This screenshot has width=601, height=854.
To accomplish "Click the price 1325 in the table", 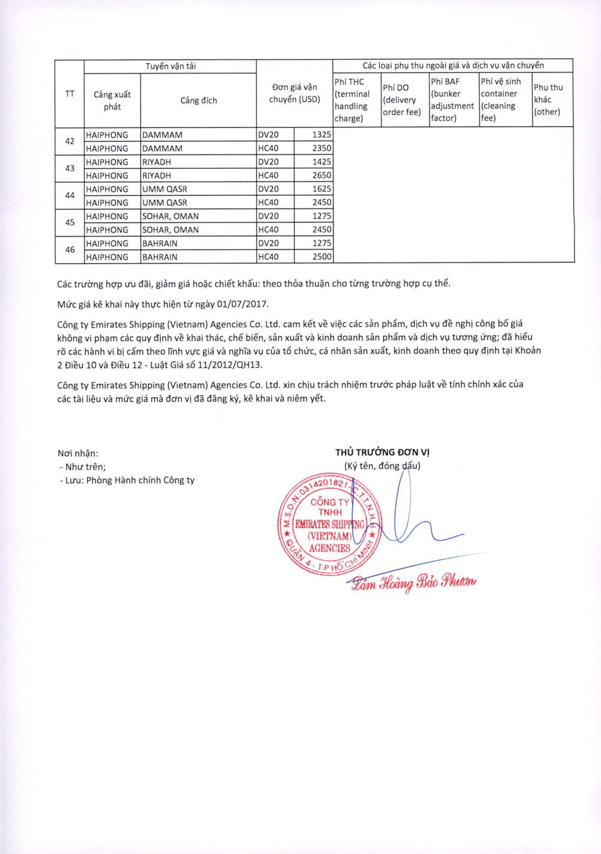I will coord(322,135).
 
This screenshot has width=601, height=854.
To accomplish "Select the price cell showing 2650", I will coord(322,175).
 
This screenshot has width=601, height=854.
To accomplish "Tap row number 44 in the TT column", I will coord(70,195).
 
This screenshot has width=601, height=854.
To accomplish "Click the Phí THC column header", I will coord(353,100).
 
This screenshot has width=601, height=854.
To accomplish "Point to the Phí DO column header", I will coord(402,100).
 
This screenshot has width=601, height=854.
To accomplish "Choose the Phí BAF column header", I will coord(452,100).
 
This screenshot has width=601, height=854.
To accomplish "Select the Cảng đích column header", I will coord(198,100).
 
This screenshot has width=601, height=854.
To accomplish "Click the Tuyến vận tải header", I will coord(170,66).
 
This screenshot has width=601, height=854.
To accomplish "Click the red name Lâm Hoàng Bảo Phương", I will coord(414,582).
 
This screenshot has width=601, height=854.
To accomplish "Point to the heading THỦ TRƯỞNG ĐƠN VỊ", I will coord(382,453).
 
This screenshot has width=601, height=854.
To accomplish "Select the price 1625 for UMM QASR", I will coord(322,189).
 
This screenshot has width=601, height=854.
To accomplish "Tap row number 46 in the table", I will coord(70,249).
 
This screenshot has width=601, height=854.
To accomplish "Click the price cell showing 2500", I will coord(322,257).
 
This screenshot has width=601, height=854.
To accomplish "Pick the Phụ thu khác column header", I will coord(548,100).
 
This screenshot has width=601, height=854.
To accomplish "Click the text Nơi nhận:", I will coord(78,454).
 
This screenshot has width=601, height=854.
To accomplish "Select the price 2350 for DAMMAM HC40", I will coord(322,148).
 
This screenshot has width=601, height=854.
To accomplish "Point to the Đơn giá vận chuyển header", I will coord(294,93).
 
